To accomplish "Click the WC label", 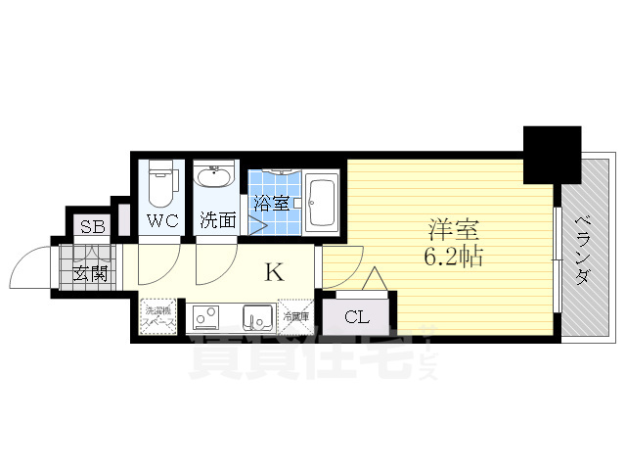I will coord(161,220).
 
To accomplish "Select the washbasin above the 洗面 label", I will coord(214,178).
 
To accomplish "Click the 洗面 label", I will coord(216,220).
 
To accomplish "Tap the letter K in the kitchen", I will coord(275,272).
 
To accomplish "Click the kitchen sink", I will coord(257,318).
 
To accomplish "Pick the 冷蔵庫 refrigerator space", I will coord(294,315).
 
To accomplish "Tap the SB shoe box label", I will coord(92,226).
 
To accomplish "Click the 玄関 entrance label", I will coord(90,273).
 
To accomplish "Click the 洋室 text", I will coord(453,230).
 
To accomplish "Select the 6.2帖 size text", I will coord(453,258).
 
